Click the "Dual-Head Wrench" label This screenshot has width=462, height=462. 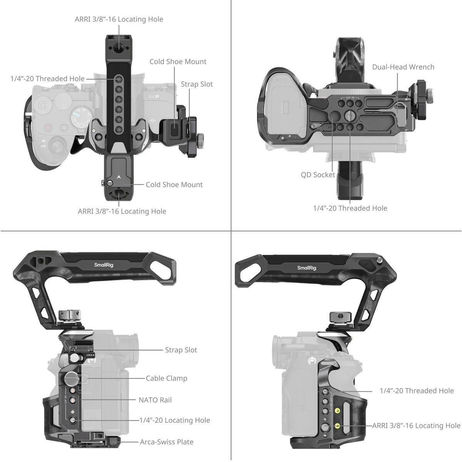coord(403,67)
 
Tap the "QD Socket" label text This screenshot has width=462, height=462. coord(318,175)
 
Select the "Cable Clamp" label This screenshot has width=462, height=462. coord(166,378)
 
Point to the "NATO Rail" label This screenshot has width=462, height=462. coord(155,400)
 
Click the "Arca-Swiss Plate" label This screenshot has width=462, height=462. coord(167,442)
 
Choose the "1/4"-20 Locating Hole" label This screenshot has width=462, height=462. coord(175,420)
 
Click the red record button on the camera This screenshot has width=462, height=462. coord(48,127)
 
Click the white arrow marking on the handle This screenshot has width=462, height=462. coord(119,177)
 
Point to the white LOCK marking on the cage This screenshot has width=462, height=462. coord(90,355)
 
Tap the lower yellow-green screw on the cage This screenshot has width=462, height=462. coord(338,425)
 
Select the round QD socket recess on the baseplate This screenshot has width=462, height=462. coord(335,116)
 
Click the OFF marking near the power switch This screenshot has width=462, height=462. coord(43,146)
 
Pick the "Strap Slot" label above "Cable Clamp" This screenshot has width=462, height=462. coord(181,350)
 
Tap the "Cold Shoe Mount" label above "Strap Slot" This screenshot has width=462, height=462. coord(178,62)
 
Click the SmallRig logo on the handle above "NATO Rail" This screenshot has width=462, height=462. coord(104,265)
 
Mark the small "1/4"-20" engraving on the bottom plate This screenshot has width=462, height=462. coord(350,98)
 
